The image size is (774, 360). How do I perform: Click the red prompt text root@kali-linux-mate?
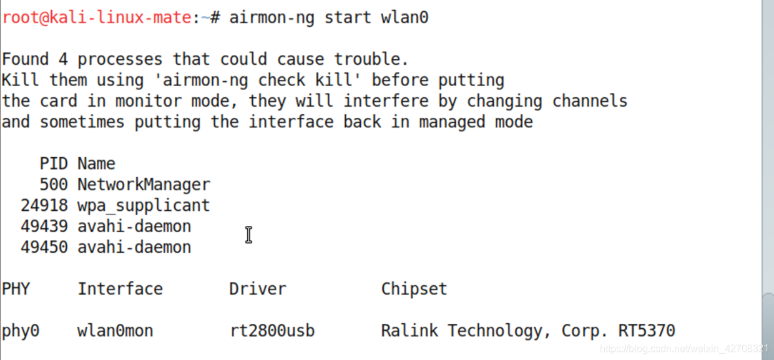tap(97, 17)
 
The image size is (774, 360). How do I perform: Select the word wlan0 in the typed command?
tap(404, 17)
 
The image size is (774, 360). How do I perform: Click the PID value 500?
tap(54, 185)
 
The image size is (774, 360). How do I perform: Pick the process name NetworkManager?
tap(144, 185)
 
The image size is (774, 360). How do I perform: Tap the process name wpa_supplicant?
tap(144, 205)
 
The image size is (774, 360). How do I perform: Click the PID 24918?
tap(44, 205)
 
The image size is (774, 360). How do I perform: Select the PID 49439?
tap(44, 226)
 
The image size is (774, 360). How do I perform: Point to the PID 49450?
tap(44, 247)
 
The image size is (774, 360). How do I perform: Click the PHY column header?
tap(16, 289)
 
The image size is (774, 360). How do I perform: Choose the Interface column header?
tap(120, 289)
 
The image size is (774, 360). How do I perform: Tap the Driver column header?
tap(257, 289)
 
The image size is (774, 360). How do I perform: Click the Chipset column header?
tap(414, 289)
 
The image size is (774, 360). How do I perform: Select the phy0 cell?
tap(21, 330)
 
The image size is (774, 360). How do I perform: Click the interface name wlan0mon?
tap(115, 330)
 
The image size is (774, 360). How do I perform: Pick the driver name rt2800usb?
tap(272, 330)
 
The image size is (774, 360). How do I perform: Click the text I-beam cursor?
tap(248, 235)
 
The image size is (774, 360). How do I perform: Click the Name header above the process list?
tap(96, 163)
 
